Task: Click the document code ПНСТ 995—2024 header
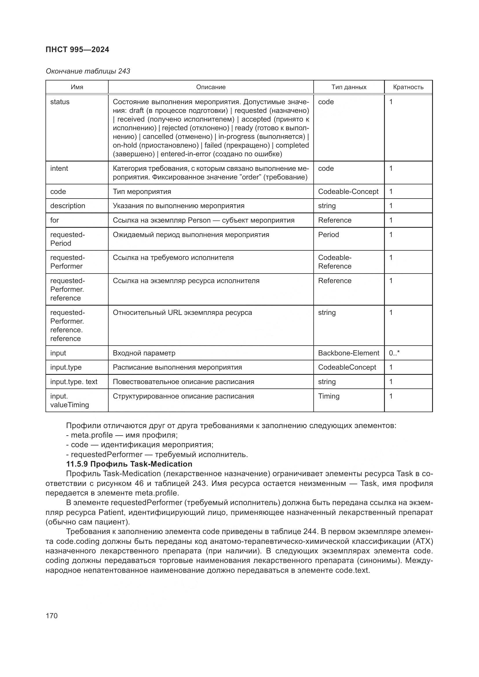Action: pyautogui.click(x=77, y=49)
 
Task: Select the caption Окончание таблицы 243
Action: pyautogui.click(x=88, y=71)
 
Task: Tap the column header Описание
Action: pyautogui.click(x=211, y=87)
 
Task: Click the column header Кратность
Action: pyautogui.click(x=408, y=87)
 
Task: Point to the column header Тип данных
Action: pyautogui.click(x=349, y=87)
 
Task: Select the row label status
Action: pyautogui.click(x=60, y=102)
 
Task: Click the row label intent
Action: pyautogui.click(x=59, y=168)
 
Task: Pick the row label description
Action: pyautogui.click(x=67, y=206)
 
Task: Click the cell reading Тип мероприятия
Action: pyautogui.click(x=142, y=192)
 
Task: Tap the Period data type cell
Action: pyautogui.click(x=328, y=235)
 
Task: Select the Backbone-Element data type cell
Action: pyautogui.click(x=348, y=353)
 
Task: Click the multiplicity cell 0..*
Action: pyautogui.click(x=394, y=353)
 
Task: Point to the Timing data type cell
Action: pyautogui.click(x=329, y=396)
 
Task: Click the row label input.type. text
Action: pyautogui.click(x=74, y=381)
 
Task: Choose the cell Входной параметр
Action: pyautogui.click(x=144, y=353)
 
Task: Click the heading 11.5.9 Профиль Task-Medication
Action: pyautogui.click(x=129, y=464)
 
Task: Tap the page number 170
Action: pyautogui.click(x=52, y=616)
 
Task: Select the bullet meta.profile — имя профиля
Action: pyautogui.click(x=122, y=435)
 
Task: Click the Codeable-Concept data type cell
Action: pyautogui.click(x=348, y=192)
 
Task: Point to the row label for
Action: pyautogui.click(x=54, y=220)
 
